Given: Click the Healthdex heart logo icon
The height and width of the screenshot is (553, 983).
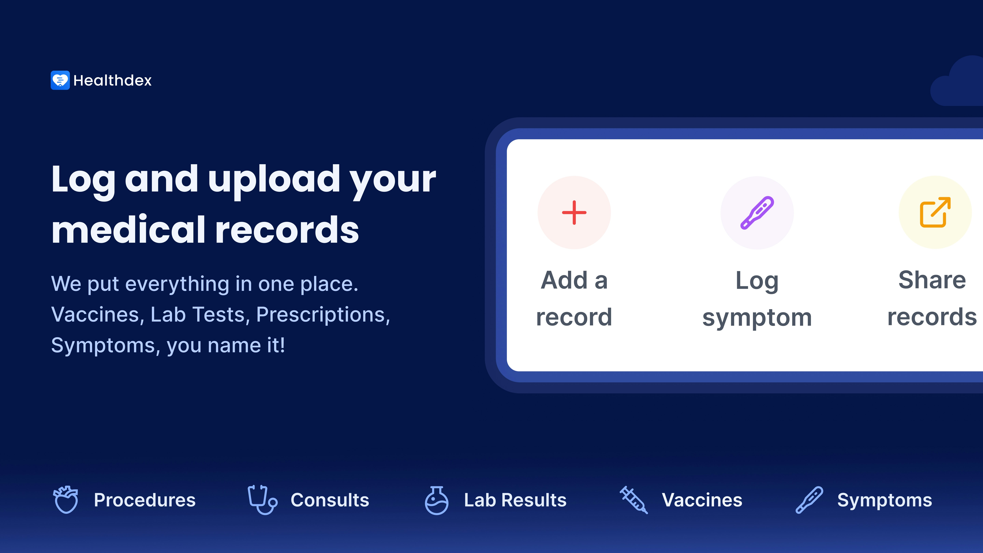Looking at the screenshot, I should [x=60, y=80].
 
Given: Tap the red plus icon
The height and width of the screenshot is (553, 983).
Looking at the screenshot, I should [x=574, y=212].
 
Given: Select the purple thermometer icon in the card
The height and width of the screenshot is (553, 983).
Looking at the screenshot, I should [x=757, y=212].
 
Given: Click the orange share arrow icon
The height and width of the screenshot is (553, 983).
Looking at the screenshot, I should [x=935, y=212].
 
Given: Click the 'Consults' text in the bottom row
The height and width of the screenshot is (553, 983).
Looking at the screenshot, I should [x=330, y=500].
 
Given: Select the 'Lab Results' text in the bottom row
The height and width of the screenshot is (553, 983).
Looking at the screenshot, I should [x=515, y=500].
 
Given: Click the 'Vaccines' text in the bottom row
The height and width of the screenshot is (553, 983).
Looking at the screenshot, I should [x=702, y=500].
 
